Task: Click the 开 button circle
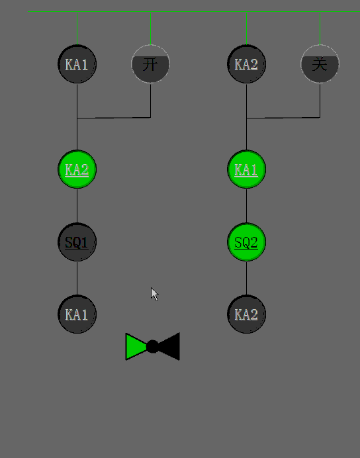click(x=150, y=64)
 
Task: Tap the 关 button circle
click(x=320, y=64)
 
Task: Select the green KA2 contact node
click(x=77, y=169)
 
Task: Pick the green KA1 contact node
click(x=246, y=169)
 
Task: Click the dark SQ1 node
click(x=77, y=242)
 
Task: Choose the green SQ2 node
click(x=246, y=242)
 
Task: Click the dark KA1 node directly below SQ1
click(x=77, y=314)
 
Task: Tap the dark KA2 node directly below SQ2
click(x=246, y=314)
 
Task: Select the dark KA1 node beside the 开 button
click(x=77, y=64)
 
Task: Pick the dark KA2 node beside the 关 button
click(x=246, y=64)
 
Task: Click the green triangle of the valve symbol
click(x=134, y=347)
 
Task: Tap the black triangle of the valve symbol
click(x=171, y=346)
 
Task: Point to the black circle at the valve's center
click(x=152, y=347)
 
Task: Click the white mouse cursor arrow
click(x=154, y=294)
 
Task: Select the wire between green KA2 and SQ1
click(x=77, y=206)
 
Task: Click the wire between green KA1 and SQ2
click(x=246, y=206)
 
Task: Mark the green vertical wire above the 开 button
click(x=150, y=28)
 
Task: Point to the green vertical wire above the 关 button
click(x=320, y=28)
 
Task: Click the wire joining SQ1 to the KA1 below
click(x=77, y=279)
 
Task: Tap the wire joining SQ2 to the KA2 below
click(x=246, y=279)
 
